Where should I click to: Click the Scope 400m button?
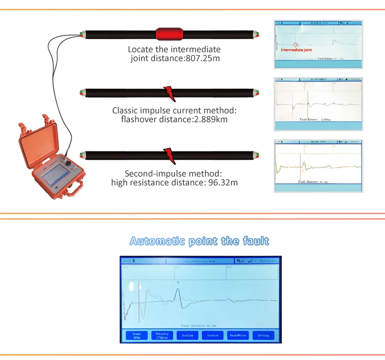click(137, 335)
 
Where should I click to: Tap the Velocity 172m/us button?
click(162, 335)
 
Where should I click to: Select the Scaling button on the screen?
click(187, 335)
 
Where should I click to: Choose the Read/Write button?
click(238, 335)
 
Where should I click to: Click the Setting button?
click(263, 335)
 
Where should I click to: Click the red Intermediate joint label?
click(296, 50)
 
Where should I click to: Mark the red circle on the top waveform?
click(296, 44)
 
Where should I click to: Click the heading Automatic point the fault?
click(199, 241)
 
